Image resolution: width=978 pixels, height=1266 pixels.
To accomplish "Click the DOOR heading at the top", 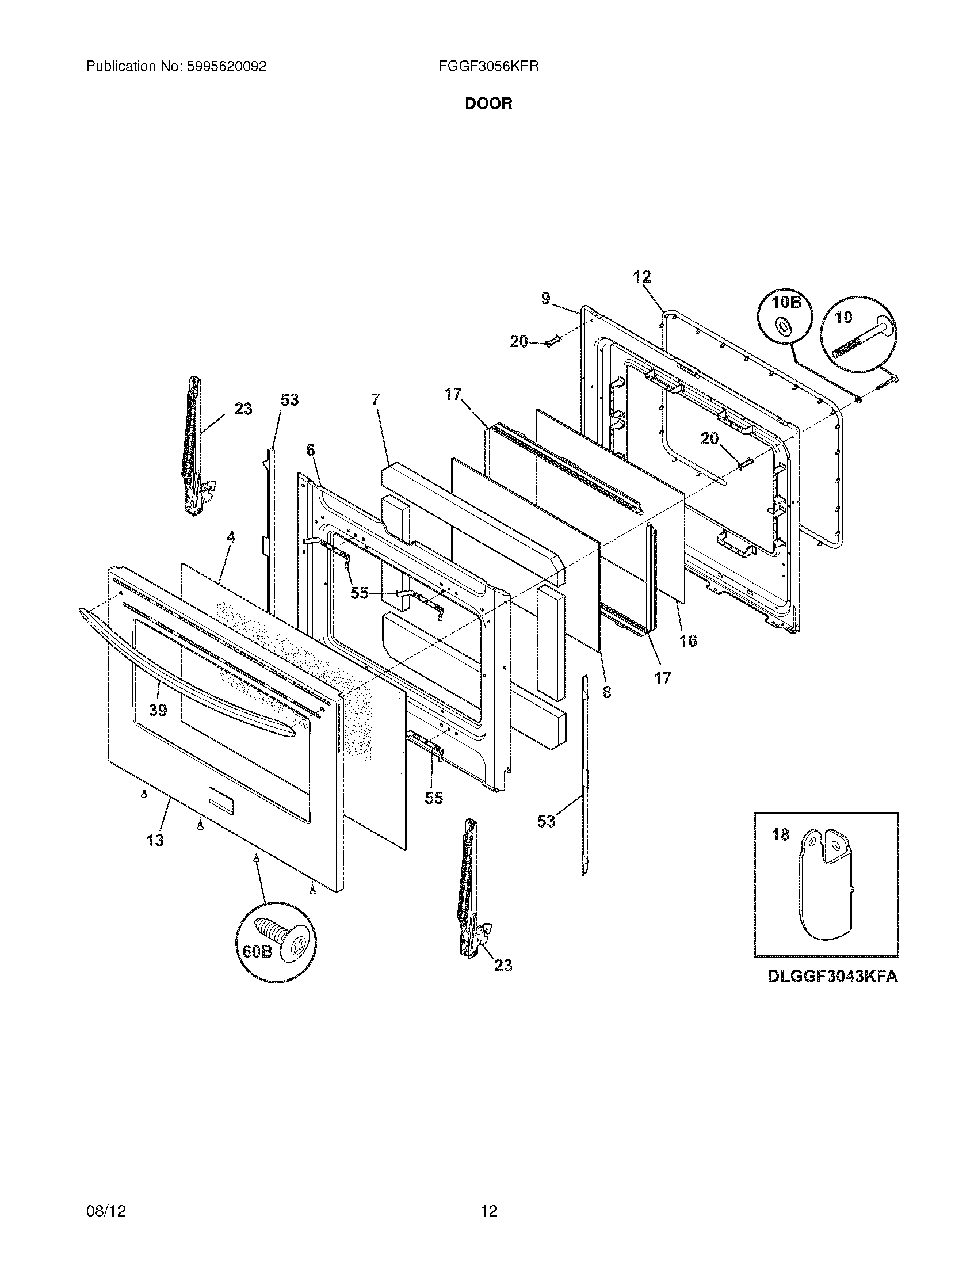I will (x=488, y=104).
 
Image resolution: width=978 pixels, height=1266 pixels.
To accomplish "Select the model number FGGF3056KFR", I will (x=488, y=67).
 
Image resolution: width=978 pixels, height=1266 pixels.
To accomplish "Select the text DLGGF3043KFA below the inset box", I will (x=832, y=976).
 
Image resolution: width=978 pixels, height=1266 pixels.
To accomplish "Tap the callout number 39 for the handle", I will (x=158, y=710).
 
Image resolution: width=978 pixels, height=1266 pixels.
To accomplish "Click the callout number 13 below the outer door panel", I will (x=155, y=840).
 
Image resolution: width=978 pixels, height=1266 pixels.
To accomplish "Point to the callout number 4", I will (x=231, y=537).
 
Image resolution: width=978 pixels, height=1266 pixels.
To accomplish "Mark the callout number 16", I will (x=687, y=640).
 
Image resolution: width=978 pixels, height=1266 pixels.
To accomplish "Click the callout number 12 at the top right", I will (x=641, y=277).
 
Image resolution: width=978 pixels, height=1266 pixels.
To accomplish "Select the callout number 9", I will (x=546, y=299).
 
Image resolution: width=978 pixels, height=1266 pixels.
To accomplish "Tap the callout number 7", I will (x=376, y=399).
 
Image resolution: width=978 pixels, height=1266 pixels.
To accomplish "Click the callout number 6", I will (x=311, y=449).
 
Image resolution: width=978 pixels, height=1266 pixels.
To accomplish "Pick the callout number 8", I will (x=606, y=692).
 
